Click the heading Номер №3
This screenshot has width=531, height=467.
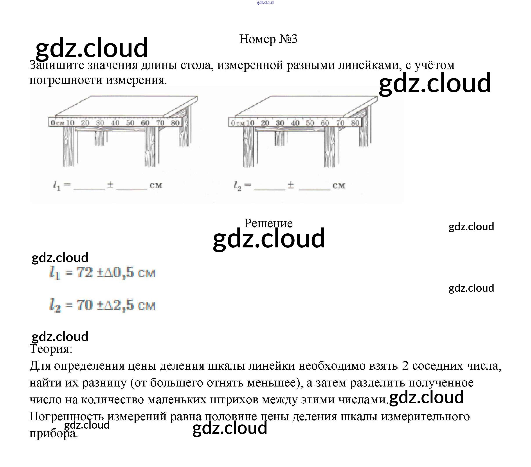click(268, 39)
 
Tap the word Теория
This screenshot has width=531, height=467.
click(51, 349)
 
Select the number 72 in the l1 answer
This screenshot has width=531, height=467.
click(85, 273)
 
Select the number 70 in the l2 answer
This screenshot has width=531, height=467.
click(85, 305)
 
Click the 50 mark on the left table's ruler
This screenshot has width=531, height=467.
click(130, 123)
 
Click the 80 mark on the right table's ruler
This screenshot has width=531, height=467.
click(355, 123)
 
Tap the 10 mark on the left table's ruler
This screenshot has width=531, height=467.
click(70, 123)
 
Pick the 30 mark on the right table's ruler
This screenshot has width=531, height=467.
click(280, 123)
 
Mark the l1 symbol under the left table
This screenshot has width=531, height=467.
click(57, 186)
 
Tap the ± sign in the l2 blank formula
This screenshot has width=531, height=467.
click(291, 185)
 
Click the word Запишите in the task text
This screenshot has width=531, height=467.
click(57, 65)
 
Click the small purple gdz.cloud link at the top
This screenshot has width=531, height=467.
click(265, 3)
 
